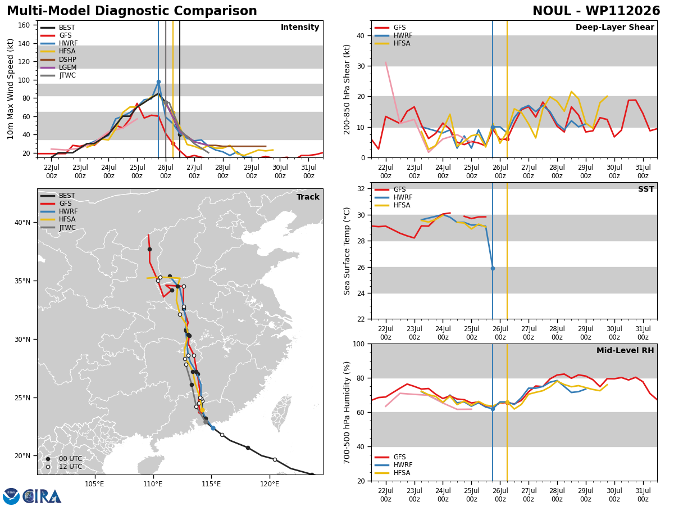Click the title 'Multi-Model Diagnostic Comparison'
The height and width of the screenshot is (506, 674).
tap(132, 11)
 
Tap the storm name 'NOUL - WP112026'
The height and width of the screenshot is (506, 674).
tap(596, 11)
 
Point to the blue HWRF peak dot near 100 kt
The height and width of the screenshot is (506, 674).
tap(158, 82)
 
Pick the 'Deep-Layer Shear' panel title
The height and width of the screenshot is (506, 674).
tap(614, 27)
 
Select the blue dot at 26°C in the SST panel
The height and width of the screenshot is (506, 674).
tap(493, 268)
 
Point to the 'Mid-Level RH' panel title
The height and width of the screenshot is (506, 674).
tap(625, 350)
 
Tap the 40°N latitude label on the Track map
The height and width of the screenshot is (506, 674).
tap(22, 222)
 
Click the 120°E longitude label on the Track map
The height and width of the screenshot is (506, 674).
tap(270, 484)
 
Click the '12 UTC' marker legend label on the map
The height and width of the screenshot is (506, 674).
tap(71, 467)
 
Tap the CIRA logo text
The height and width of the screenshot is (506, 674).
tap(42, 496)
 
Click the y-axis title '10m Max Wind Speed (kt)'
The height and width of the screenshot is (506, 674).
tap(10, 89)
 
